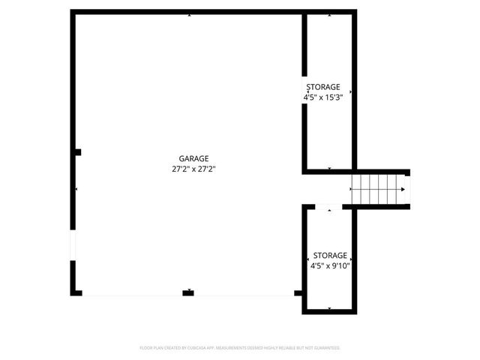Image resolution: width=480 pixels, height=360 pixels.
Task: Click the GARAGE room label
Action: click(x=193, y=158)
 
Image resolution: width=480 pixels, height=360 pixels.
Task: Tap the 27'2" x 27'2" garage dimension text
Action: click(x=193, y=169)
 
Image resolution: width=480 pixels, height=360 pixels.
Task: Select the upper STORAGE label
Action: click(x=323, y=87)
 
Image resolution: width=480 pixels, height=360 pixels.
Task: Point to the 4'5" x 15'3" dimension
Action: click(x=323, y=97)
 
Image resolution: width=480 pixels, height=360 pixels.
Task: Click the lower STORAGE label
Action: click(x=330, y=255)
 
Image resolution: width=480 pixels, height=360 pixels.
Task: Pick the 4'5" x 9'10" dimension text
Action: click(x=330, y=265)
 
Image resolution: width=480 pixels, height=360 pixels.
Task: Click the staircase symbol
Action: click(x=379, y=189)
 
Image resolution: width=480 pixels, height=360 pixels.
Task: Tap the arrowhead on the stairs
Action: click(x=403, y=189)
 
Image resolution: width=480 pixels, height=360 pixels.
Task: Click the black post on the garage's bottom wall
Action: click(x=188, y=292)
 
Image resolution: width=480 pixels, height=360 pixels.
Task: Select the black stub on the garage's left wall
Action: click(x=77, y=152)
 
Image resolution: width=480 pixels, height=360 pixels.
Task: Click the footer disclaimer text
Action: click(x=240, y=348)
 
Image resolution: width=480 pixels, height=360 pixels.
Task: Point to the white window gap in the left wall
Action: click(x=73, y=245)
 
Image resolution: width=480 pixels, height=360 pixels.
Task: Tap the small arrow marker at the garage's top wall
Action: click(x=189, y=14)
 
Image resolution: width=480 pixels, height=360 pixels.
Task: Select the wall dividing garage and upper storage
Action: click(x=304, y=90)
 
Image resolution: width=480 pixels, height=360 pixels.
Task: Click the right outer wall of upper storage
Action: click(x=354, y=90)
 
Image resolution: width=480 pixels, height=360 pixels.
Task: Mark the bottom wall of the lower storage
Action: click(x=329, y=312)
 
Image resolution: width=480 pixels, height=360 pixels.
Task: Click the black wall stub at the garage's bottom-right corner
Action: click(x=298, y=292)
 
